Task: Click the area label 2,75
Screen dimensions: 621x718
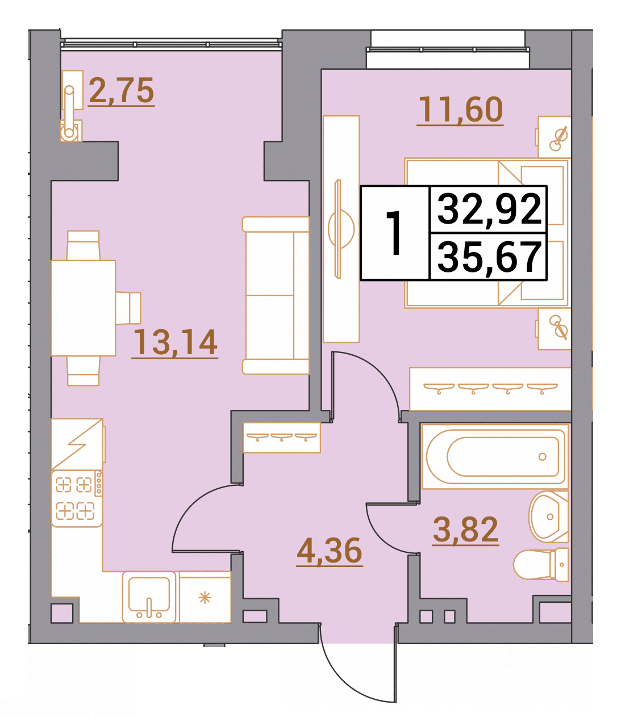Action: [122, 90]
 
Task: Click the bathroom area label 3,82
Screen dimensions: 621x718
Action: [465, 530]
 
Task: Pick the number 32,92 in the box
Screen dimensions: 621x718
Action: [489, 209]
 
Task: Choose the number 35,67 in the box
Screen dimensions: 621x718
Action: [489, 257]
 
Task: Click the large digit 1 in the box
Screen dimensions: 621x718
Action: [395, 233]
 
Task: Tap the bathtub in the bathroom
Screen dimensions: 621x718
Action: [495, 456]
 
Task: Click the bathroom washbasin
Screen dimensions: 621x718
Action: [548, 517]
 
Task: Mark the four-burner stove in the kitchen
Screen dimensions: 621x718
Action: [77, 499]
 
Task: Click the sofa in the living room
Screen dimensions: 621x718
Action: [276, 295]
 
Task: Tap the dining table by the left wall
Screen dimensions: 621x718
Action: [83, 308]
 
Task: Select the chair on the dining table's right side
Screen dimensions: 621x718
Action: [128, 308]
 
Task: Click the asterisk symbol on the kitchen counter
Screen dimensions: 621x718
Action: [205, 598]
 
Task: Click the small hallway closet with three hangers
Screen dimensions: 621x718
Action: [281, 438]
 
